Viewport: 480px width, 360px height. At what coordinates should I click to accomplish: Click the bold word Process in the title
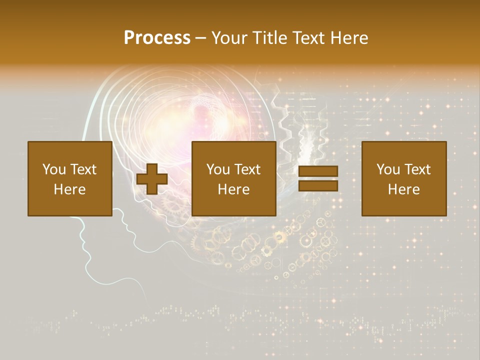click(157, 38)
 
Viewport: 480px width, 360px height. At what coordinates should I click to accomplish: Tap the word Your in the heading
click(230, 38)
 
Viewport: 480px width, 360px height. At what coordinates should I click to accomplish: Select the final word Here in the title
click(349, 38)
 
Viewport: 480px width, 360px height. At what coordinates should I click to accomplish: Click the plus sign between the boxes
click(152, 179)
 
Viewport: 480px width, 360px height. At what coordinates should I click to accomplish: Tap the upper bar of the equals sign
click(318, 171)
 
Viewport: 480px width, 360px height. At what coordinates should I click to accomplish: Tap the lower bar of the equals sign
click(318, 186)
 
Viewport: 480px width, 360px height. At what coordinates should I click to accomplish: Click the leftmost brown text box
click(69, 179)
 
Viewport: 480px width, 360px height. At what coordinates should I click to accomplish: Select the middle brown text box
click(233, 179)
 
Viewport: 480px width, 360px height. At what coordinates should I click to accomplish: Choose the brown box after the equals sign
click(403, 179)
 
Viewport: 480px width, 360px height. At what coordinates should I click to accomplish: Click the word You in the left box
click(54, 169)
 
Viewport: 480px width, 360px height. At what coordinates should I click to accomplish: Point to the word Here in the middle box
click(233, 189)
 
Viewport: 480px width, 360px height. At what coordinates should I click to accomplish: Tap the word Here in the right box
click(403, 189)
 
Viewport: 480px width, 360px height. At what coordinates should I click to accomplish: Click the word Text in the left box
click(83, 169)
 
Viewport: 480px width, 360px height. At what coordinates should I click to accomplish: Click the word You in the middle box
click(218, 169)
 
